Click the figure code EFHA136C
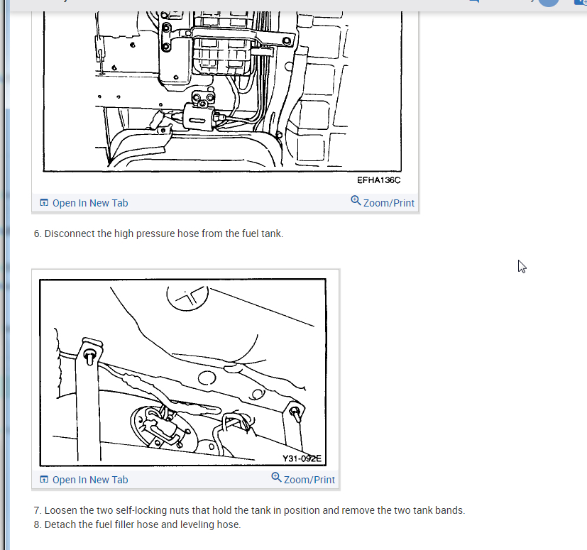pyautogui.click(x=378, y=180)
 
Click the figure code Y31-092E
pyautogui.click(x=302, y=458)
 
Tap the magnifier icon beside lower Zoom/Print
pyautogui.click(x=276, y=478)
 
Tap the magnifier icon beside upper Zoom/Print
pyautogui.click(x=356, y=201)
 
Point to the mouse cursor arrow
pyautogui.click(x=522, y=266)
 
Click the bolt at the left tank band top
pyautogui.click(x=90, y=356)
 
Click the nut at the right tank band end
pyautogui.click(x=296, y=413)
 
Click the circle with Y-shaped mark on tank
pyautogui.click(x=187, y=297)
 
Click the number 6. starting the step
pyautogui.click(x=38, y=233)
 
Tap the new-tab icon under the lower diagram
pyautogui.click(x=44, y=480)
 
